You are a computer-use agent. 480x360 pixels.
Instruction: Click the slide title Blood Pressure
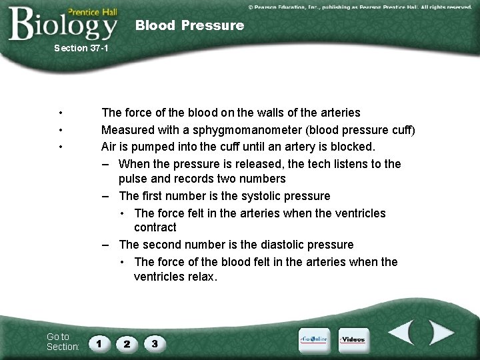click(189, 25)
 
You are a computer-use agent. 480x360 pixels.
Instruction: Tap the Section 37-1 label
click(81, 48)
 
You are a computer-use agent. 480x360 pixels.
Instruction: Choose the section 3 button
click(155, 344)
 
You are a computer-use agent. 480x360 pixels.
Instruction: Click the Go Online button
click(313, 339)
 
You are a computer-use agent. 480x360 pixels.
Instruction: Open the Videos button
click(353, 339)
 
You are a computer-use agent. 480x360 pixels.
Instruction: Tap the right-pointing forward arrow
click(440, 333)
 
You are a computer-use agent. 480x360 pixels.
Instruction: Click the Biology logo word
click(63, 25)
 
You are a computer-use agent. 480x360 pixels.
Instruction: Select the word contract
click(155, 227)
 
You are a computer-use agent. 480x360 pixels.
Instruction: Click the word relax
click(201, 276)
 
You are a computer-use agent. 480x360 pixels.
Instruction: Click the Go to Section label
click(63, 341)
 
